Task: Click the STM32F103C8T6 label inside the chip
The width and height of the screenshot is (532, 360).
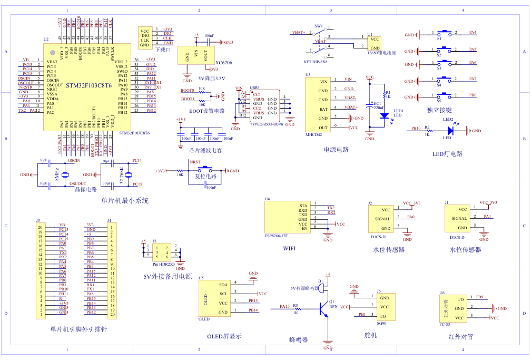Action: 88,85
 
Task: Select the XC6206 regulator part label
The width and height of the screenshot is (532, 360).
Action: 224,62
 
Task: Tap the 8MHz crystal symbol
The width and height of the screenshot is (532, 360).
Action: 65,174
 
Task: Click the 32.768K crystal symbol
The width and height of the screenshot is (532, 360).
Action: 128,174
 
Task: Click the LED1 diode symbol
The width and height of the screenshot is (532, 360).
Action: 384,115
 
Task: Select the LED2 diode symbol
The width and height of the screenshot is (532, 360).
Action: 449,131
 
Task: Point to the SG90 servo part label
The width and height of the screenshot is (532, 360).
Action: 382,323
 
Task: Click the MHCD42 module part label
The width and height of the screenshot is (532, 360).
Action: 313,135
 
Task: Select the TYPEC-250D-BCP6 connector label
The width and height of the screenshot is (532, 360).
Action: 267,124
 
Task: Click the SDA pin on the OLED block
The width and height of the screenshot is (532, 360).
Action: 223,284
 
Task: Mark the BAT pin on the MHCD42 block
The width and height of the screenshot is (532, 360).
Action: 323,109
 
